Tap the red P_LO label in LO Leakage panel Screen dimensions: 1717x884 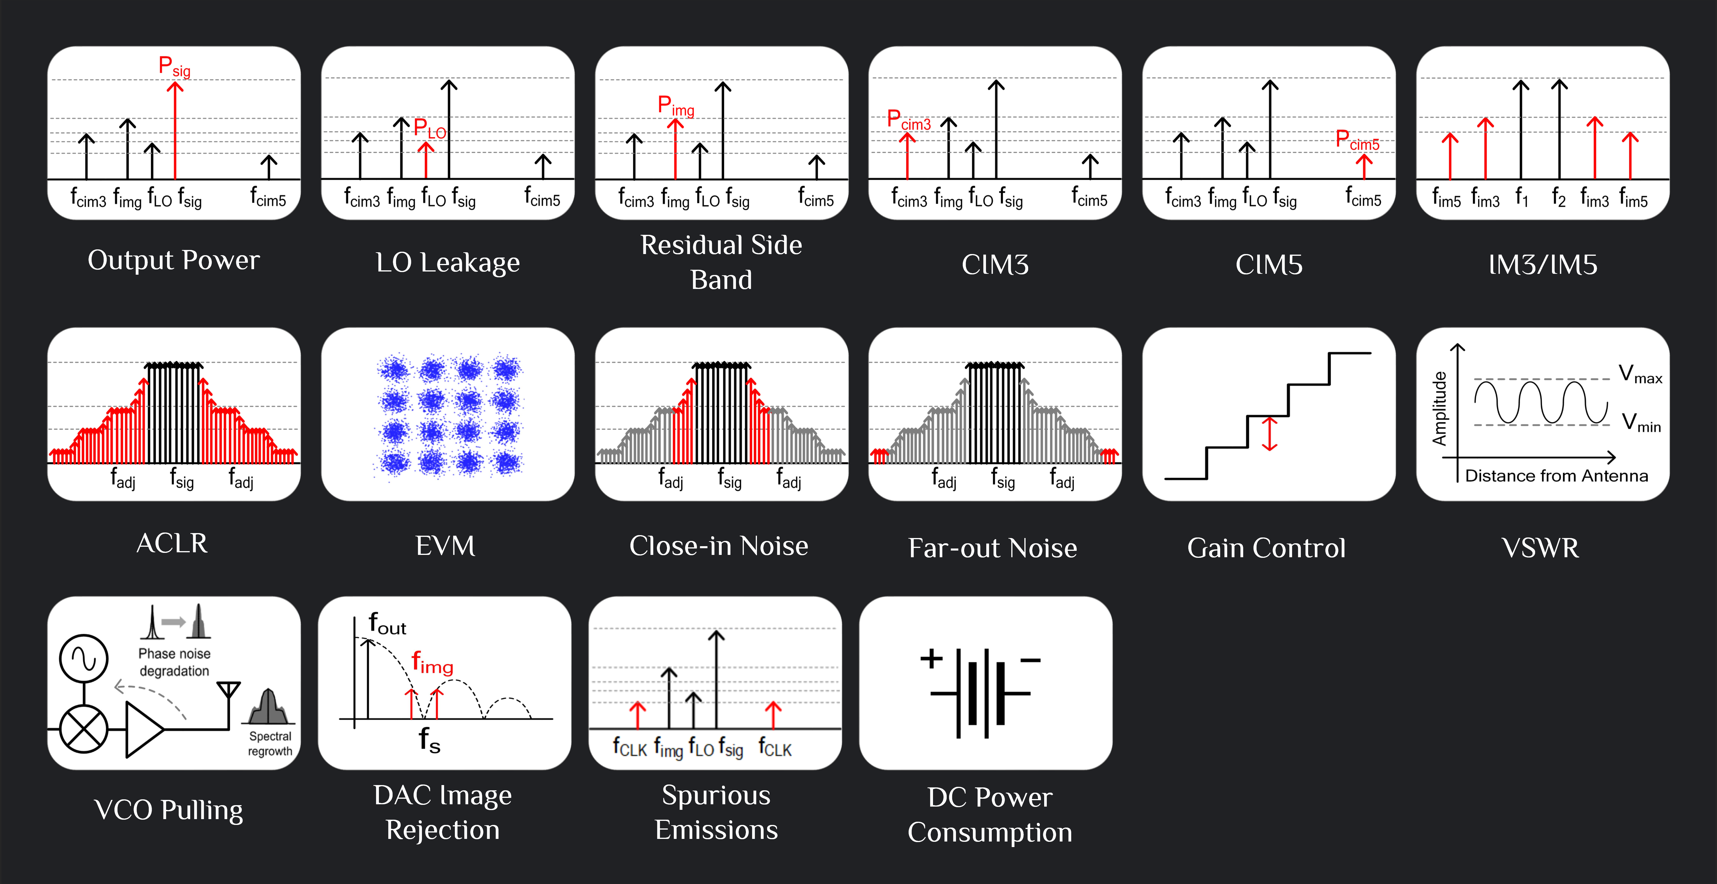click(430, 128)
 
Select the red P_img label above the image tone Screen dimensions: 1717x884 click(676, 105)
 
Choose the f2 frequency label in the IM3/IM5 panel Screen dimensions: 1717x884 click(1558, 197)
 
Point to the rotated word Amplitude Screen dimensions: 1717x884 click(1440, 408)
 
